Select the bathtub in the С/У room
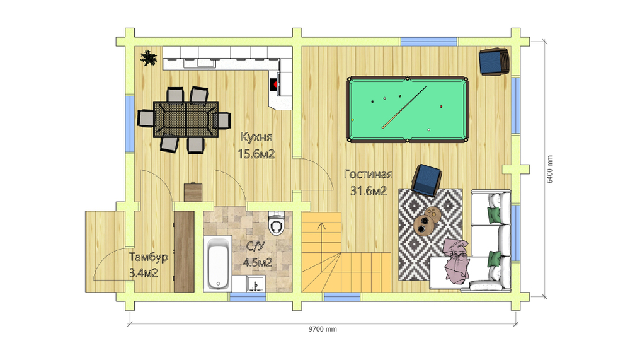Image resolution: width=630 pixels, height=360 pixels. [x=218, y=264]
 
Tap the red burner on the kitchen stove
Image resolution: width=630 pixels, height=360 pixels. [x=275, y=84]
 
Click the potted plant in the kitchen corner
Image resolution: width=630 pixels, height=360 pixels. [x=149, y=59]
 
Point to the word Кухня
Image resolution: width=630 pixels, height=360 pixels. [x=256, y=137]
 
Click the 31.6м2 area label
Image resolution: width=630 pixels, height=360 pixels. [x=369, y=190]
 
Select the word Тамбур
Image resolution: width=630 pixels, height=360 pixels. [x=148, y=257]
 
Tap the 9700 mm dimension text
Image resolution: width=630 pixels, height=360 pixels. [x=323, y=329]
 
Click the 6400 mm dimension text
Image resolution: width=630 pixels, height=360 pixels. [x=549, y=170]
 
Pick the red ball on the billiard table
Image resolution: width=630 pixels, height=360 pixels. [x=441, y=107]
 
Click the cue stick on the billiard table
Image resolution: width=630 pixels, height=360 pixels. [x=404, y=107]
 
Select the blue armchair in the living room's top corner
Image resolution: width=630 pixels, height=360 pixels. [x=495, y=62]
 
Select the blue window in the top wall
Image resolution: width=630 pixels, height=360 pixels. [x=428, y=42]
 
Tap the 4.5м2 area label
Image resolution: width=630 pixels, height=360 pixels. [x=258, y=263]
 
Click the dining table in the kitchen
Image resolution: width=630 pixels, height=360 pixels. [x=186, y=119]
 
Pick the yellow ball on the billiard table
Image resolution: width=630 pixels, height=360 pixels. [x=353, y=120]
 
